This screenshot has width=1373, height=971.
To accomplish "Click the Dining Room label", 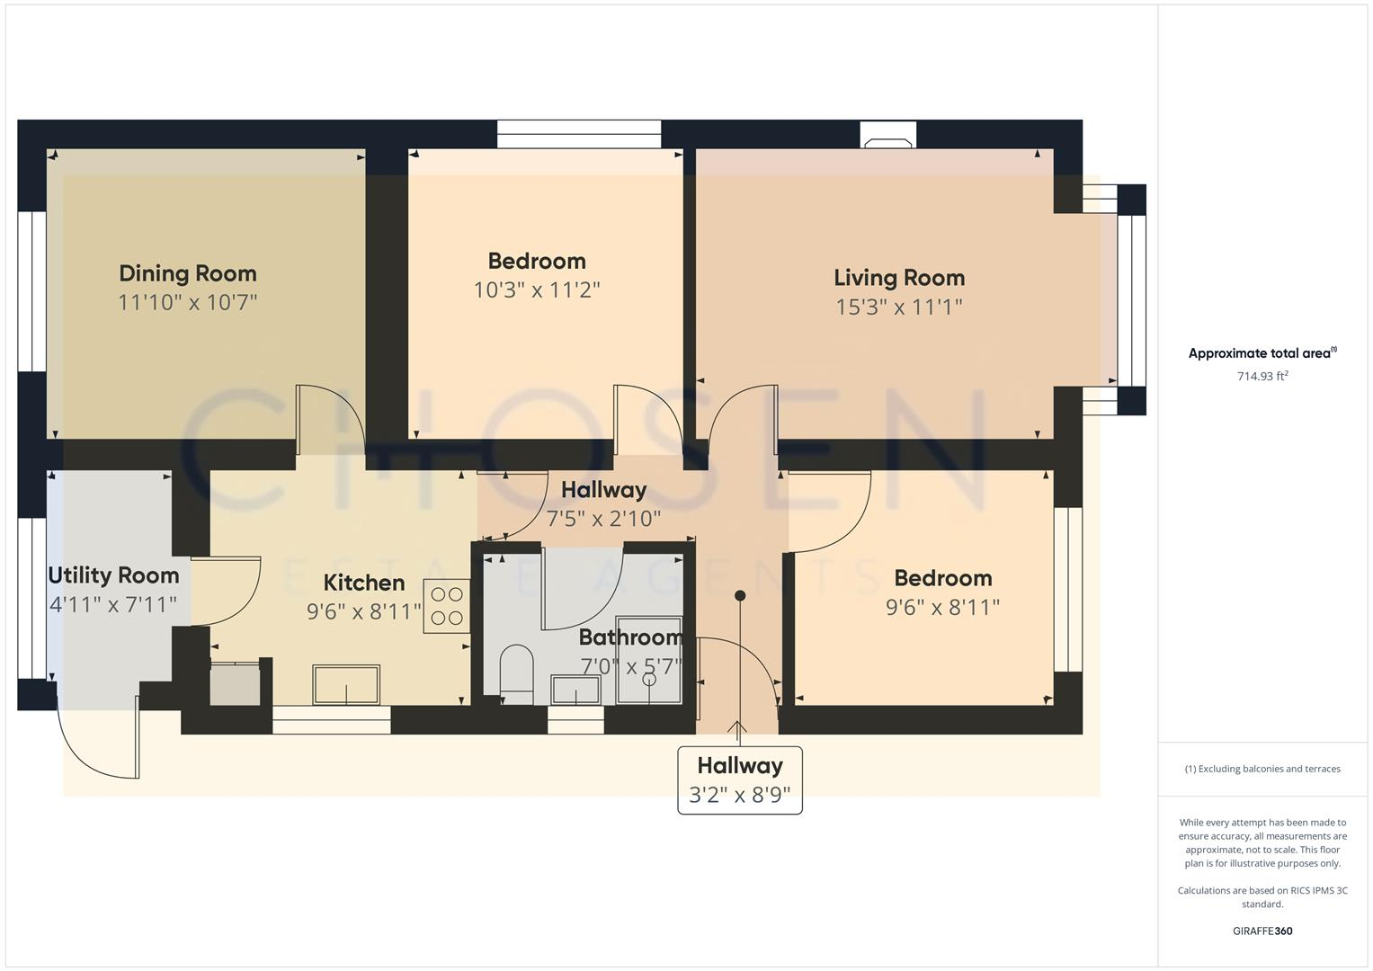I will click(187, 273).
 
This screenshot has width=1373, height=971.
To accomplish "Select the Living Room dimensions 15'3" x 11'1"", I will click(898, 307).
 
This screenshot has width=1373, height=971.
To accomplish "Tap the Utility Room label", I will click(113, 575).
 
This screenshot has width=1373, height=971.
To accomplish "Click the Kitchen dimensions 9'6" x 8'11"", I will click(363, 612).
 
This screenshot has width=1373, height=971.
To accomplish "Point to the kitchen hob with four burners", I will click(447, 607).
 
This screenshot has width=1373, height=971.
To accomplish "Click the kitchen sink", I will click(346, 685).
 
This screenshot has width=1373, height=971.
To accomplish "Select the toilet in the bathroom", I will click(516, 673).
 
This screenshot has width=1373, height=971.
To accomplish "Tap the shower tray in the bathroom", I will click(648, 660).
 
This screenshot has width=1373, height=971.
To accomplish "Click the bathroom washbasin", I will click(575, 690).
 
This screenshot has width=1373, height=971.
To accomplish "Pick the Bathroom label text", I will click(629, 637).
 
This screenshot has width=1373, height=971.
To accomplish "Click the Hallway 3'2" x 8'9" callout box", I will click(739, 779).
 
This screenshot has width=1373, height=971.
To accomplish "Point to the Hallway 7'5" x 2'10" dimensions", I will click(603, 519).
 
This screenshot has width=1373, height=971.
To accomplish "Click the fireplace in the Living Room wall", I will click(888, 135).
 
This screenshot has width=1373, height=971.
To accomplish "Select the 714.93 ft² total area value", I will click(1262, 377).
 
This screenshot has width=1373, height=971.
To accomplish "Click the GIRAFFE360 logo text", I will click(1262, 931).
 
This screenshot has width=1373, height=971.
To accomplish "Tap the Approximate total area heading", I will click(1262, 353).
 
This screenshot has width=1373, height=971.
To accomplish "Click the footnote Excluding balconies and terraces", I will click(1262, 769).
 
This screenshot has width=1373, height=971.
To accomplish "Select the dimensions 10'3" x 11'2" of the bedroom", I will click(537, 290).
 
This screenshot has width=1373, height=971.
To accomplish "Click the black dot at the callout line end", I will click(740, 595).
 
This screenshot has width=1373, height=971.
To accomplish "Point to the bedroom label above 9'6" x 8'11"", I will click(942, 578).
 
